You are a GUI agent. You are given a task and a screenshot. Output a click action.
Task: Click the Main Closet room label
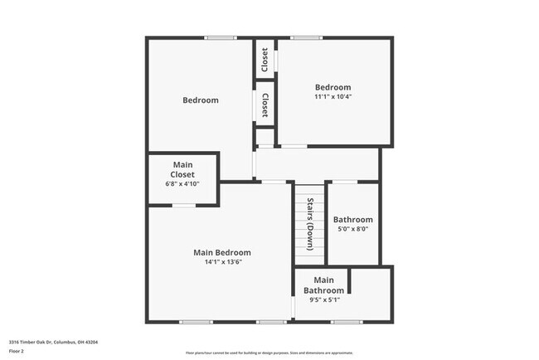pos(182,170)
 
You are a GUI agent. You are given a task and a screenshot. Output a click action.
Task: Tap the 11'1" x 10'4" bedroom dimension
pos(333,97)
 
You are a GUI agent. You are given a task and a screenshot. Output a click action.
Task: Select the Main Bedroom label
pos(221,252)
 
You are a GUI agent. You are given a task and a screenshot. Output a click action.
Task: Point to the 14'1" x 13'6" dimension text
pos(221,263)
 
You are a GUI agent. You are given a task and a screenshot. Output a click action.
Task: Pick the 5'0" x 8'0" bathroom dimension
pos(352,230)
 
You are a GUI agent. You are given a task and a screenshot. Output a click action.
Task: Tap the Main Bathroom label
pos(323,285)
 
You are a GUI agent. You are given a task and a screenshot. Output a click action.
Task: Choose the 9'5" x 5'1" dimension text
pos(324,299)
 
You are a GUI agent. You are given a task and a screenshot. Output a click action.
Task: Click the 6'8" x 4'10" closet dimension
pos(182,183)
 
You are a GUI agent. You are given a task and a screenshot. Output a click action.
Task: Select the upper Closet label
pos(265,59)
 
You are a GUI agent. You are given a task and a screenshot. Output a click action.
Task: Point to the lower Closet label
pos(265,105)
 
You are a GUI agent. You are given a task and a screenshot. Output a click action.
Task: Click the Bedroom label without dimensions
pos(200,100)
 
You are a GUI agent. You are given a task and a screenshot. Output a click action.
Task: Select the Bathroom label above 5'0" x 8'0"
pos(352,220)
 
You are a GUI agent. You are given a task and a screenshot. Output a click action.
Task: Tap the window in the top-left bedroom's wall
pos(221,37)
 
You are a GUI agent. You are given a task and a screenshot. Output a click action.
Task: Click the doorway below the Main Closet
pos(184,204)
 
